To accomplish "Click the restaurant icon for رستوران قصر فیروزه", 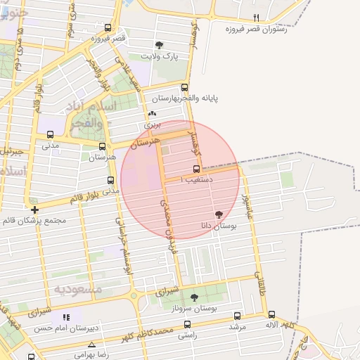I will click(x=256, y=18).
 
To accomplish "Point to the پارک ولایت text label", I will click(x=160, y=55).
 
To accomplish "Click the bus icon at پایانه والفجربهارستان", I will click(x=185, y=88).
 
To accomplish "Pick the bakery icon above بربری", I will click(x=153, y=114).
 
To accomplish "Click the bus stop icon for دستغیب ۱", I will click(x=196, y=169).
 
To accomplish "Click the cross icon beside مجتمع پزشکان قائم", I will click(x=34, y=210).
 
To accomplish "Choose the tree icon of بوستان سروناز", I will click(x=194, y=297).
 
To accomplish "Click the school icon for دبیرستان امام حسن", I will click(x=67, y=318).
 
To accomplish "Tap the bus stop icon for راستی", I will click(x=187, y=325).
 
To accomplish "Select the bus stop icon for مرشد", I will click(x=236, y=316).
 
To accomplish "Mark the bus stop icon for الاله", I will click(x=272, y=316).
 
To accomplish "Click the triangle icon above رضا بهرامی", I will click(x=92, y=344).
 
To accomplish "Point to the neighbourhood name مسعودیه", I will click(x=79, y=289).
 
